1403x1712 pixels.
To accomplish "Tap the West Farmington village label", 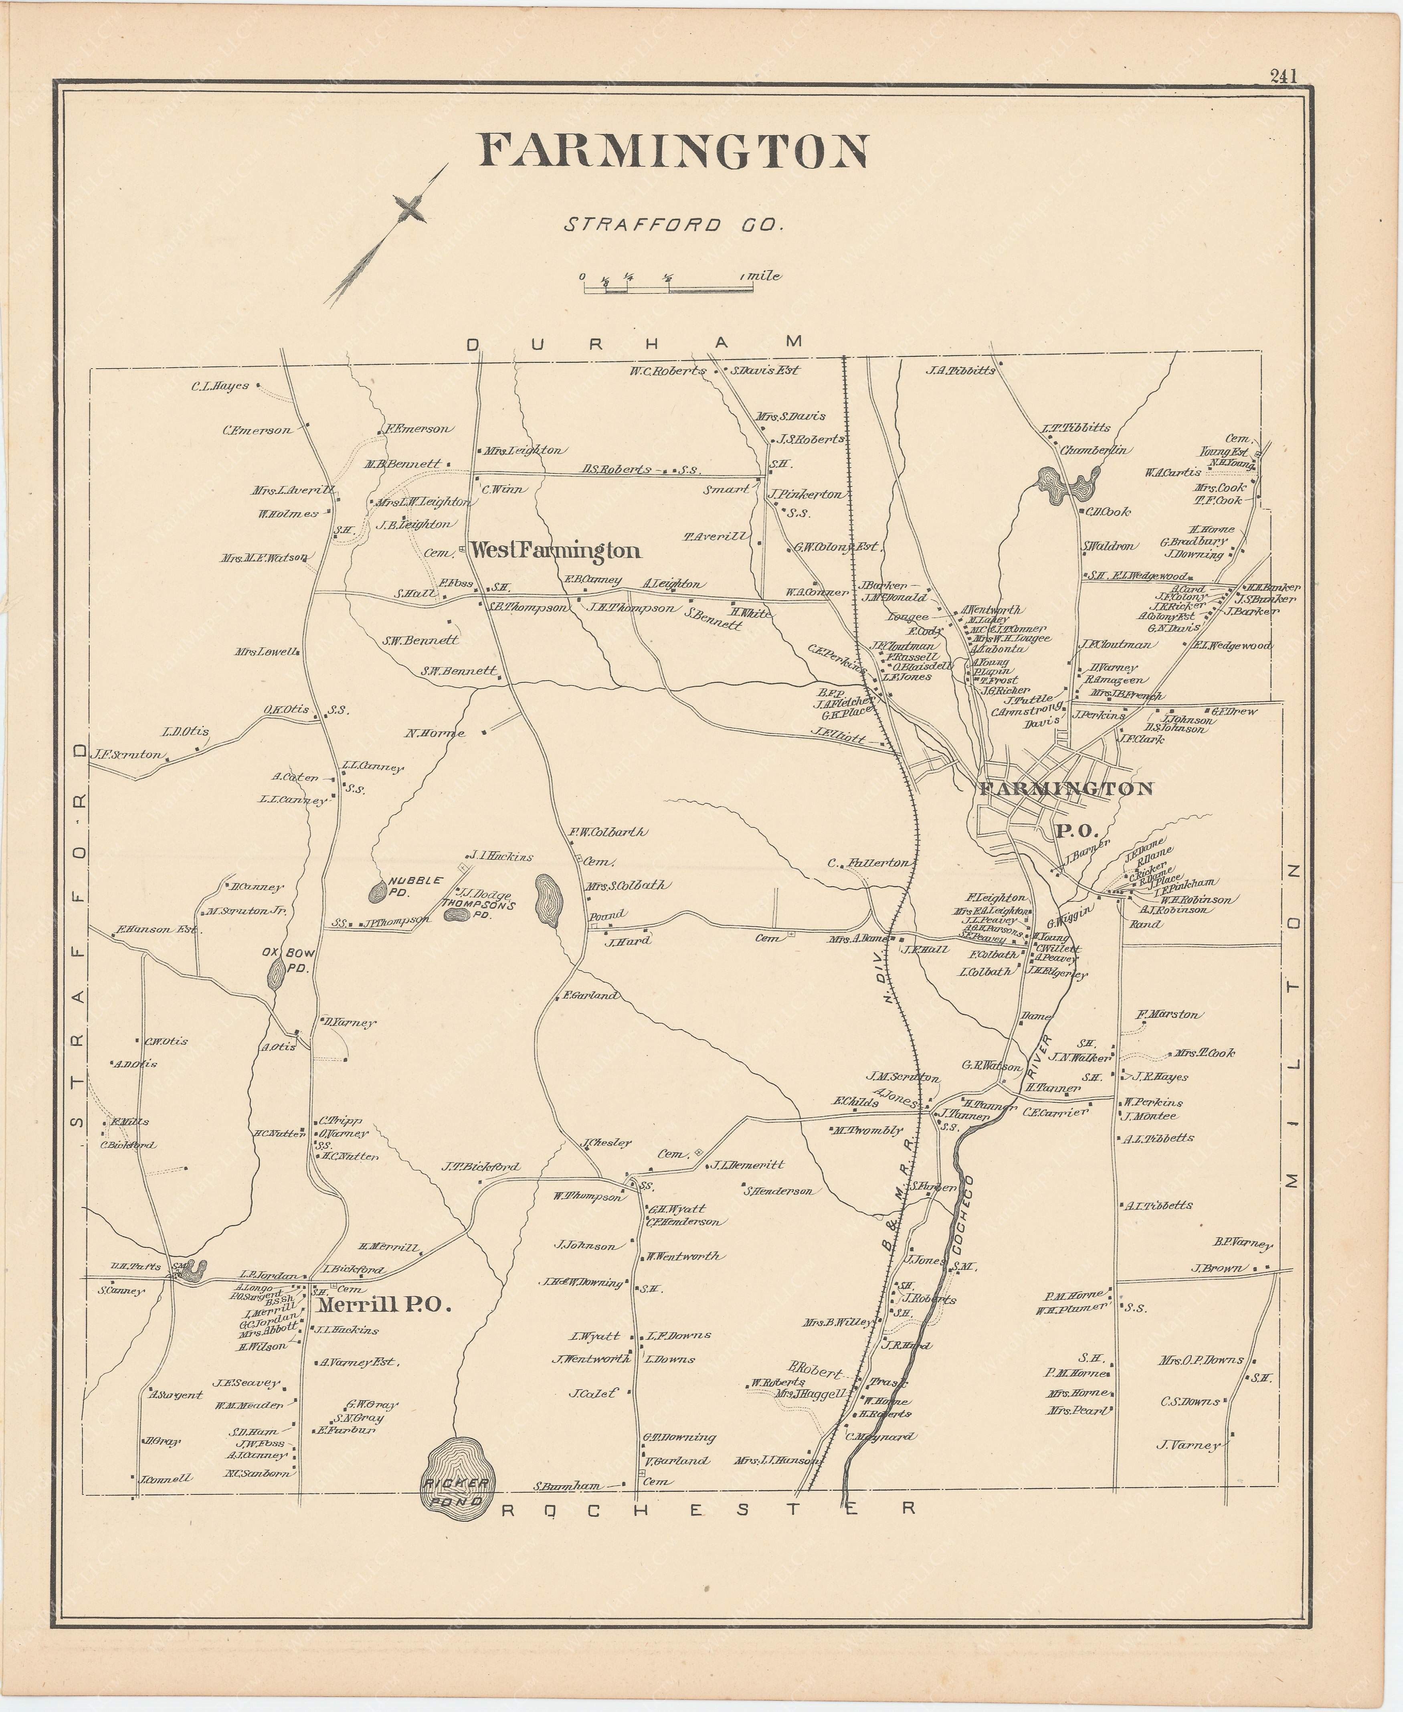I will (x=556, y=551).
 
